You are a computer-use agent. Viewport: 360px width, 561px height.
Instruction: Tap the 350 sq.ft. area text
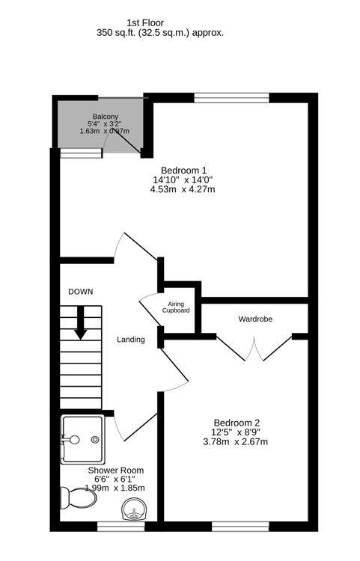pos(160,33)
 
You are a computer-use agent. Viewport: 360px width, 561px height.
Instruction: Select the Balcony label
pos(104,116)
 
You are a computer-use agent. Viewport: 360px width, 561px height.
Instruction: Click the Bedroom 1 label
pos(184,170)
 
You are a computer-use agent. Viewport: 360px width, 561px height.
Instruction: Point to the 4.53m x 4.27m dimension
pos(183,189)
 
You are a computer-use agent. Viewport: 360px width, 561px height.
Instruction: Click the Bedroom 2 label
pos(237,422)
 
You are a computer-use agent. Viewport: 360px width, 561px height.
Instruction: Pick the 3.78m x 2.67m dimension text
pos(236,441)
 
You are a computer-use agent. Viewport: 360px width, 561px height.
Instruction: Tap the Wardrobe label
pos(255,319)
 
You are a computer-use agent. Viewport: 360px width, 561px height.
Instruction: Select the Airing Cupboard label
pos(177,307)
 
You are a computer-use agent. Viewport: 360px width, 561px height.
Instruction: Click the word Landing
pos(130,340)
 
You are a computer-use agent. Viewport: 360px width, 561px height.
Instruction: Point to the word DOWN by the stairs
pos(80,292)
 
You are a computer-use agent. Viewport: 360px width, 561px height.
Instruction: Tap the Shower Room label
pos(116,470)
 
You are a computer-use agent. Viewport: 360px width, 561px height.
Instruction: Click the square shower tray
pos(82,440)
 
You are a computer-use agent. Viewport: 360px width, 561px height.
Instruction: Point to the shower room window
pos(121,527)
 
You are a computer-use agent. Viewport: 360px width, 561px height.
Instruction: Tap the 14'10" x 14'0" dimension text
pos(183,180)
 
